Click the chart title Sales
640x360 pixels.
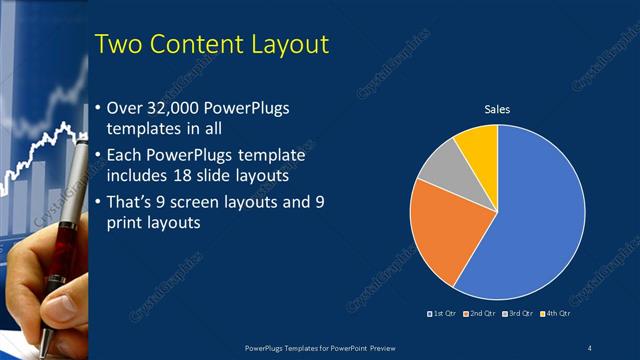[x=498, y=109]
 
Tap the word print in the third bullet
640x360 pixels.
[x=129, y=223]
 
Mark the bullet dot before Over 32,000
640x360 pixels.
[x=97, y=108]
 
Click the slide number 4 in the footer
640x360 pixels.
[x=589, y=347]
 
